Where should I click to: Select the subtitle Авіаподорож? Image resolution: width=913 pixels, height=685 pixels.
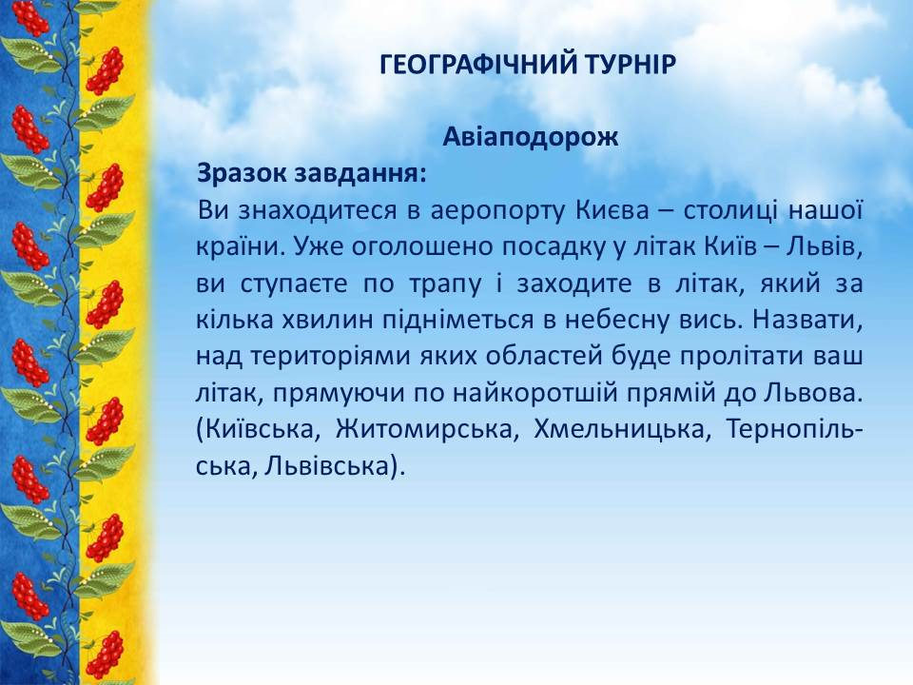coord(530,137)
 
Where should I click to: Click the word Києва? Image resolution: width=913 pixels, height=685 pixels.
coord(612,209)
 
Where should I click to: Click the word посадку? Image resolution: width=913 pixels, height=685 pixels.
coord(554,248)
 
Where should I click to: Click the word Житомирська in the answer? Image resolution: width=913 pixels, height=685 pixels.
coord(427,430)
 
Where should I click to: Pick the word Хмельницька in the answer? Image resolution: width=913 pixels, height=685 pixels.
coord(622,430)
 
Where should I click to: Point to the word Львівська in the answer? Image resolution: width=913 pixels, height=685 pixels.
coord(326,466)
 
